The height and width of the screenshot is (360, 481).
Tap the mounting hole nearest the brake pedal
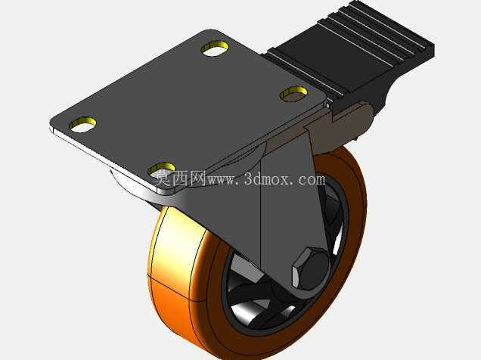294,93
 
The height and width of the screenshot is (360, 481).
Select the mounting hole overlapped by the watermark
162,169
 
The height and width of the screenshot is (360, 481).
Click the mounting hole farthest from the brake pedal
82,125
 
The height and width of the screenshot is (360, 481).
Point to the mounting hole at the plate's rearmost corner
215,48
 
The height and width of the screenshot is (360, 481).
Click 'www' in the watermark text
221,180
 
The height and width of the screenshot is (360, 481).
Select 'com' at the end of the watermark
311,180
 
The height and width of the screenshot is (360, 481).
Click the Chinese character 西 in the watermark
180,178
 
